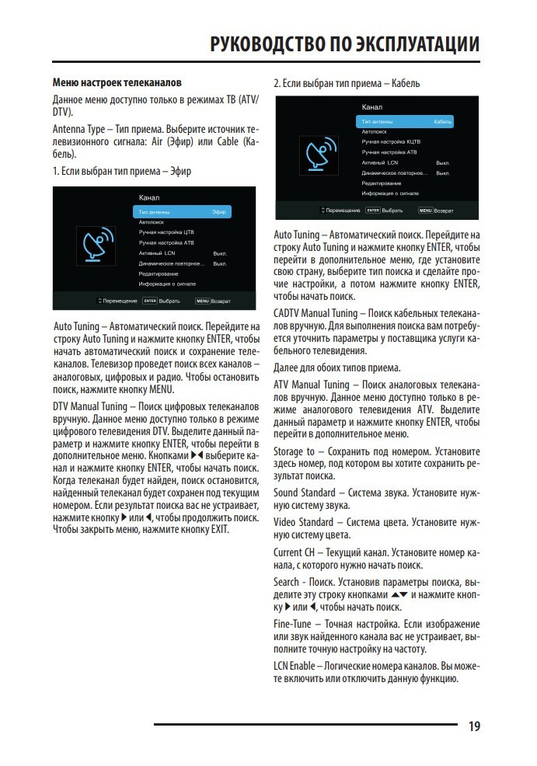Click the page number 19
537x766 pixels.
(x=474, y=726)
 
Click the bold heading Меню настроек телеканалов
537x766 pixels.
(x=116, y=82)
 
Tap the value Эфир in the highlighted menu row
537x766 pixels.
(x=219, y=211)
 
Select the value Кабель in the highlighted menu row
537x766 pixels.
(x=443, y=122)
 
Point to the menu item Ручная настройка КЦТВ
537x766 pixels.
(x=391, y=142)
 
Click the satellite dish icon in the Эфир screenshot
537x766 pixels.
(x=99, y=244)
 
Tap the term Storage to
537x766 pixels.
(x=294, y=451)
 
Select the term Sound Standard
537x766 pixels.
(x=304, y=493)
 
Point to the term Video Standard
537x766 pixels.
(x=303, y=522)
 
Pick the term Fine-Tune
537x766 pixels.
(x=292, y=624)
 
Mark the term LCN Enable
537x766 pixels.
(x=295, y=666)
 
